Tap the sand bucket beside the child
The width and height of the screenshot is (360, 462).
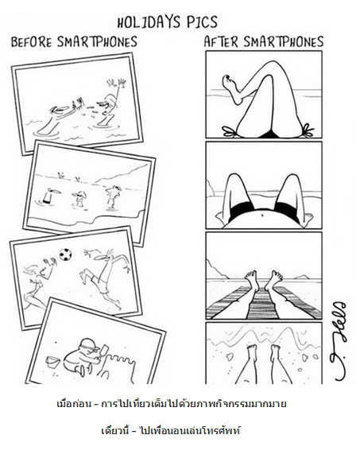[x=53, y=362]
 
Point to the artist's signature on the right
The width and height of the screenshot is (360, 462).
[x=339, y=341]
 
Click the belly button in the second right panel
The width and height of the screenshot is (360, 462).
[x=262, y=215]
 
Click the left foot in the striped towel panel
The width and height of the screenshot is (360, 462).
[x=251, y=280]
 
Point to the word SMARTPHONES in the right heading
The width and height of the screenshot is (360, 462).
[x=283, y=41]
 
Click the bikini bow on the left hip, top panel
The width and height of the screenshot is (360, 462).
[x=229, y=132]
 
